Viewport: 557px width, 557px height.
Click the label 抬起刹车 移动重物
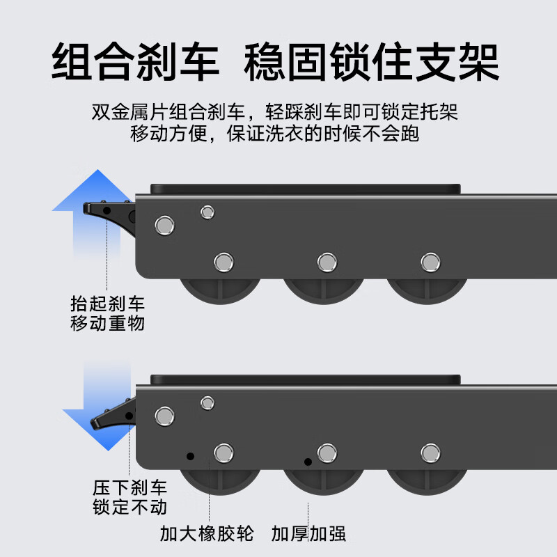107,313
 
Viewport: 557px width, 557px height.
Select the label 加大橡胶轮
207,534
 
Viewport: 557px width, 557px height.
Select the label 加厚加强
309,534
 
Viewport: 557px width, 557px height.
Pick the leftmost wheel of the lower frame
221,481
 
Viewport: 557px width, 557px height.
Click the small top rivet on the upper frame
207,212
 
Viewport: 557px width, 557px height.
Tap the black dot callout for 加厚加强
307,461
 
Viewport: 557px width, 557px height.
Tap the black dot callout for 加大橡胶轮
189,457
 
